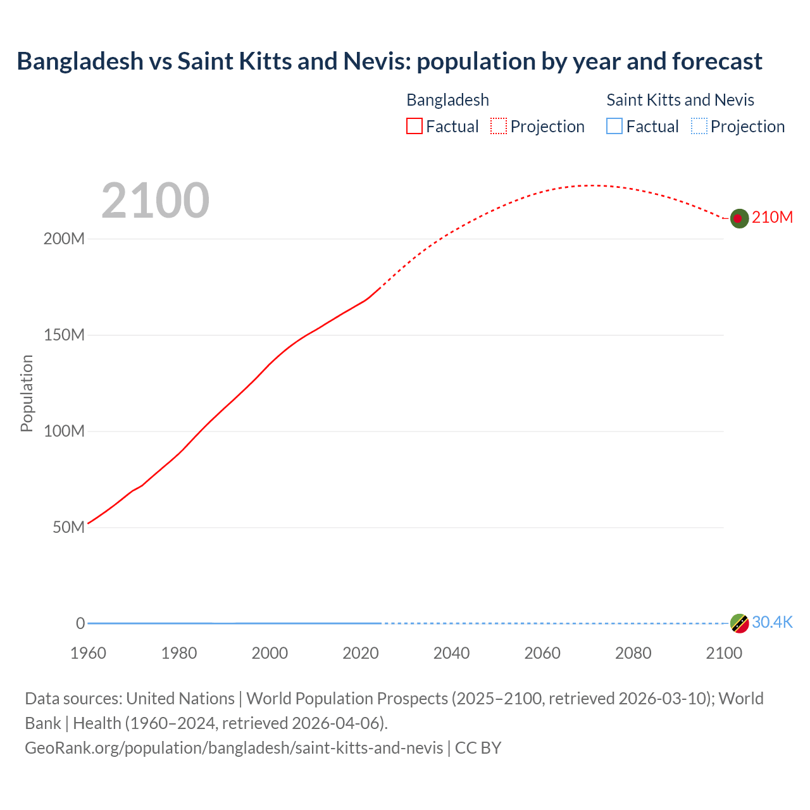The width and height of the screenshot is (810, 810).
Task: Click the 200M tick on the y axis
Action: coord(64,239)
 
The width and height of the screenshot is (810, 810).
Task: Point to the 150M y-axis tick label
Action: coord(64,335)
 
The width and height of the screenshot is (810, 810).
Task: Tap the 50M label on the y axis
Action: coord(68,528)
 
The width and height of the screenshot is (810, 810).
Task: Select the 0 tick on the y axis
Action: coord(80,623)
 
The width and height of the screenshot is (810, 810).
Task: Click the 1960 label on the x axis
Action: coord(88,653)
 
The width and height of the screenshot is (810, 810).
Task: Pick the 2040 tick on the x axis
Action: coord(451,653)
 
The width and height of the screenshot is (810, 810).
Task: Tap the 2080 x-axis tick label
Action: coord(633,653)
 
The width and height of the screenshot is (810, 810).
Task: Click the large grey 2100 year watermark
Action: coord(155,201)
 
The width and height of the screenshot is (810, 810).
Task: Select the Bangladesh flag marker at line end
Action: coord(739,218)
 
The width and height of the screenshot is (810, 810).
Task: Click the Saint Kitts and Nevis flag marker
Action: coord(739,623)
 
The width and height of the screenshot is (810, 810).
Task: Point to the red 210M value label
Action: coord(772,218)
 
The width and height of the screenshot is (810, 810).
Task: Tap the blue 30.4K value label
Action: coord(772,623)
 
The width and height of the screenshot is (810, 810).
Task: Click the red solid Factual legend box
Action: coord(414,127)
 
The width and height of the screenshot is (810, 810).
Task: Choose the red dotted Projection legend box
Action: coord(499,127)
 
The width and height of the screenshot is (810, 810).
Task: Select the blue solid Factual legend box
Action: coord(614,127)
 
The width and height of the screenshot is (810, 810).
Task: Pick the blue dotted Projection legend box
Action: coord(699,127)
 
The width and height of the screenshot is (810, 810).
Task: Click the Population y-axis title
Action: coord(27,393)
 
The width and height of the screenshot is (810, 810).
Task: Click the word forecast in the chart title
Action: coord(717,61)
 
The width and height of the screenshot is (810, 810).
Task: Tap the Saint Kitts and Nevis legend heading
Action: coord(680,100)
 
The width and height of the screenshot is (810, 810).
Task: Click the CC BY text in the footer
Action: coord(478,748)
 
